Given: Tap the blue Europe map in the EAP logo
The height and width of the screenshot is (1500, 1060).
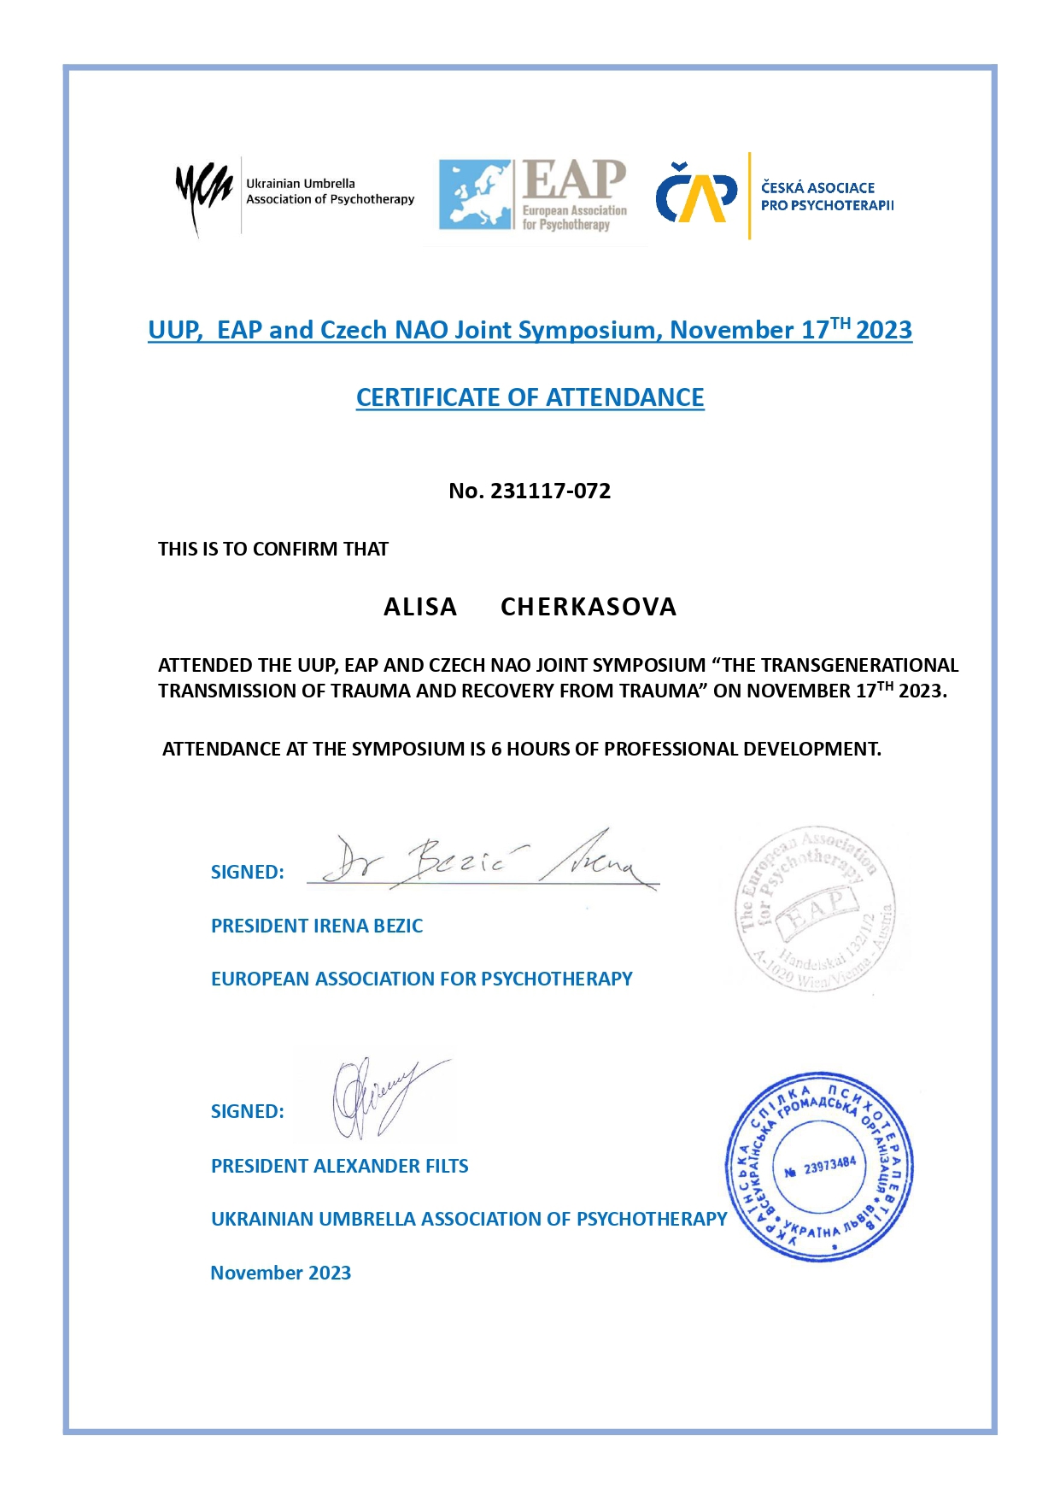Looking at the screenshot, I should coord(476,194).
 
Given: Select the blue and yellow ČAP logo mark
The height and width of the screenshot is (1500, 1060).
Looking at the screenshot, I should coord(696,194).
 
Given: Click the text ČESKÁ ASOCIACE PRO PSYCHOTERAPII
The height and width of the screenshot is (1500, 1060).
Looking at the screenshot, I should coord(826,197).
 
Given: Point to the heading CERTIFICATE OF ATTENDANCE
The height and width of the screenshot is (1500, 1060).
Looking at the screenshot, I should coord(530,397).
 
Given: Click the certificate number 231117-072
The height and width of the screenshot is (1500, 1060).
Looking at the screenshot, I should coord(550,491).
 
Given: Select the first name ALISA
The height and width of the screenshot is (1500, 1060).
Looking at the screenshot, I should coord(419,607).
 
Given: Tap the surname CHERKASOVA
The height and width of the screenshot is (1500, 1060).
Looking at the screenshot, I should coord(589,607).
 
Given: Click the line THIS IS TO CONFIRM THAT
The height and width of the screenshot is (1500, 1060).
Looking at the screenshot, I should coord(272,549).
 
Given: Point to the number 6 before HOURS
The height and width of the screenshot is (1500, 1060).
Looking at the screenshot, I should coord(495,749).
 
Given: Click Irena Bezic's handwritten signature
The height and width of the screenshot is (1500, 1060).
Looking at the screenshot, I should coord(483,862).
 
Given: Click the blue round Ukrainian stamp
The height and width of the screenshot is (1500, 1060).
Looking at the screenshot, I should coord(820,1168).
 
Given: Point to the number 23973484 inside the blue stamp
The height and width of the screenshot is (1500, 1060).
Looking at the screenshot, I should coord(829,1166).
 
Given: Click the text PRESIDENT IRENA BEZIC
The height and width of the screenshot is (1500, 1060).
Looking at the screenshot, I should coord(317,926).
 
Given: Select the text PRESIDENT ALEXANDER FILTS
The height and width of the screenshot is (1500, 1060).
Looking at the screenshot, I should coord(339,1166).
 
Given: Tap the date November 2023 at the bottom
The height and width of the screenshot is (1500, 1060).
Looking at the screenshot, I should coord(280,1273).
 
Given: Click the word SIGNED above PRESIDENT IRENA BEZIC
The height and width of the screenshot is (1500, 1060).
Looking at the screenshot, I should coord(247,872).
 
